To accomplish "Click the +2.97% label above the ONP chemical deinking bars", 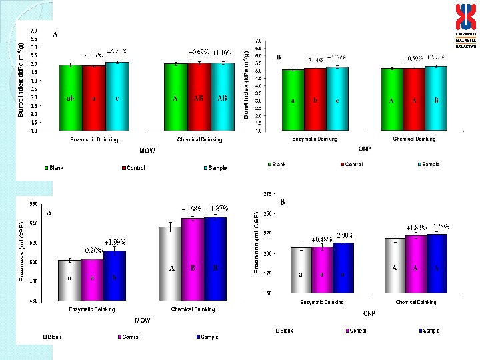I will [x=435, y=56].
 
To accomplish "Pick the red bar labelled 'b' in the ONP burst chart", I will [x=315, y=99].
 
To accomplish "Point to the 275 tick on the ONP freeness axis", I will [x=268, y=194].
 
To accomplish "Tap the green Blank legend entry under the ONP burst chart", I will [x=276, y=164].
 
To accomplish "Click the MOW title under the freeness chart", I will [x=142, y=321].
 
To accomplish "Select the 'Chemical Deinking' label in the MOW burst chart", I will [x=199, y=140].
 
